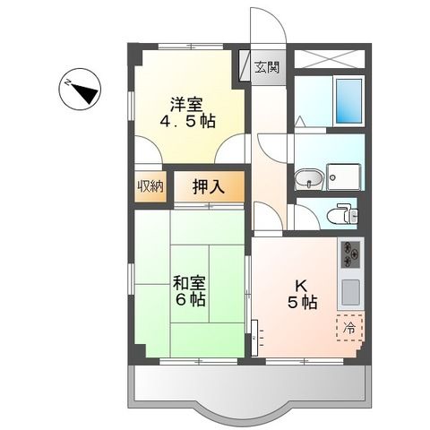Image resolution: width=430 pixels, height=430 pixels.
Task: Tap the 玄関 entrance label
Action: pyautogui.click(x=264, y=67)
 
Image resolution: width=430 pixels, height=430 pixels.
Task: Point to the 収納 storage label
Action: pyautogui.click(x=150, y=186)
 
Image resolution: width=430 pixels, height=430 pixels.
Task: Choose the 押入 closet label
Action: pyautogui.click(x=208, y=187)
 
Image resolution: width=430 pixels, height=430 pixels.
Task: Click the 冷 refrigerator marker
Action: pyautogui.click(x=350, y=328)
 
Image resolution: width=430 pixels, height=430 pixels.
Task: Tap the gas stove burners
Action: pyautogui.click(x=349, y=255)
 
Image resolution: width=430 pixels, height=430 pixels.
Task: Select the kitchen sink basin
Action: pyautogui.click(x=350, y=292)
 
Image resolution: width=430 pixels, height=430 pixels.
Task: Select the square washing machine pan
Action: pyautogui.click(x=346, y=177)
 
